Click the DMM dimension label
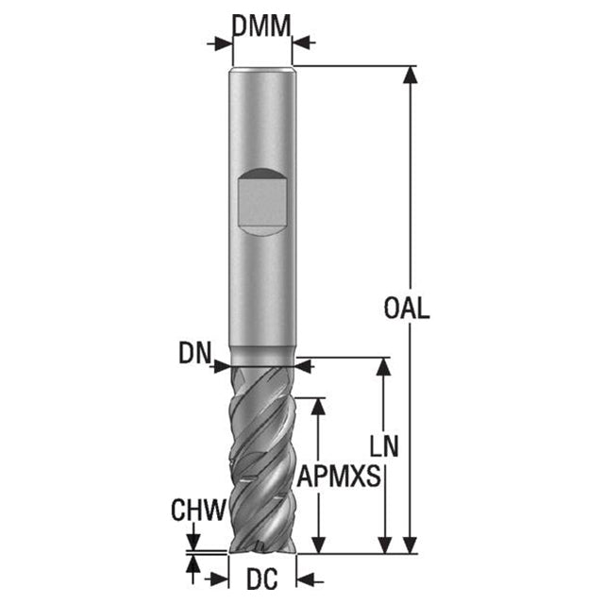pos(261,26)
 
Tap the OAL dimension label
pos(407,308)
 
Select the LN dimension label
pos(384,446)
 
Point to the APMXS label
pos(339,476)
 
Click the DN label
pos(195,353)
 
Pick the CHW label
pos(198,510)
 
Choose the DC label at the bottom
pos(262,579)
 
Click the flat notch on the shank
pos(262,202)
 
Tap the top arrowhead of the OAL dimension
pos(411,75)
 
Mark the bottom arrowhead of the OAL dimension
pos(411,545)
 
